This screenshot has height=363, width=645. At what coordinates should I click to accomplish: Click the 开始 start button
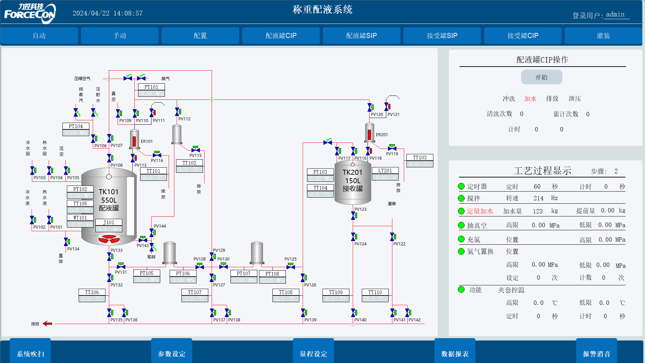point(541,77)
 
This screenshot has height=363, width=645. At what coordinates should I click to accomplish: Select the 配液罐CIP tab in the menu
point(281,36)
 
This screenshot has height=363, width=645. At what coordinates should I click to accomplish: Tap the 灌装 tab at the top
point(603,36)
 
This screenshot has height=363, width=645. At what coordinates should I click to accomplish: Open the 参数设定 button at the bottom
point(172,354)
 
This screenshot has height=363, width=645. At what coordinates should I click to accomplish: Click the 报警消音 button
point(596,354)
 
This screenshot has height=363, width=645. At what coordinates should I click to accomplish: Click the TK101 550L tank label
point(109,200)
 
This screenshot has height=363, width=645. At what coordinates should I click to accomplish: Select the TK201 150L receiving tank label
point(352,180)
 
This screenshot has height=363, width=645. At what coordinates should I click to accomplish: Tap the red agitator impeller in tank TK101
point(109,239)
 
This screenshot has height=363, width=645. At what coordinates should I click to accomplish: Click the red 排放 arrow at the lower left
point(47,324)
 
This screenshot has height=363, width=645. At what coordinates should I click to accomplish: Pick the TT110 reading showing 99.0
point(375,299)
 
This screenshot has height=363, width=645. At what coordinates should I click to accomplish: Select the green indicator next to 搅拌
point(461,198)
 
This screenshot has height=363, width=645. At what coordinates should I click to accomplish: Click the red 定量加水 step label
point(480,211)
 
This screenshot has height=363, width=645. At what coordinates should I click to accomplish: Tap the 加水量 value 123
point(537,211)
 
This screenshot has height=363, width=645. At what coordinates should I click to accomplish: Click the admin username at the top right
point(615,14)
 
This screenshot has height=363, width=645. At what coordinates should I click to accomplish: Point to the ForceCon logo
point(30,13)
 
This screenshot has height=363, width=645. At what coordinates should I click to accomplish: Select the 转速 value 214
point(538,198)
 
